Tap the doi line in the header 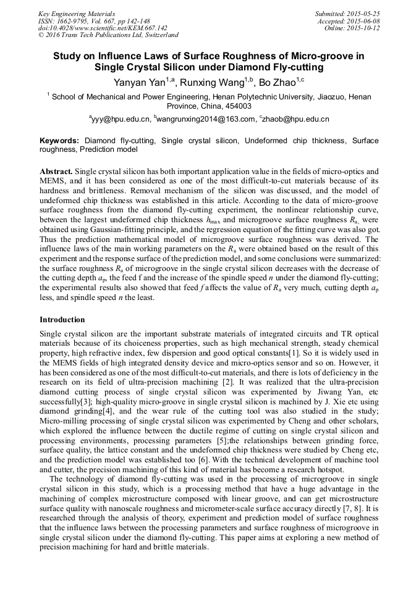pyautogui.click(x=103, y=28)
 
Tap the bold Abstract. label pyautogui.click(x=57, y=170)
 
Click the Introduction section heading pyautogui.click(x=62, y=320)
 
